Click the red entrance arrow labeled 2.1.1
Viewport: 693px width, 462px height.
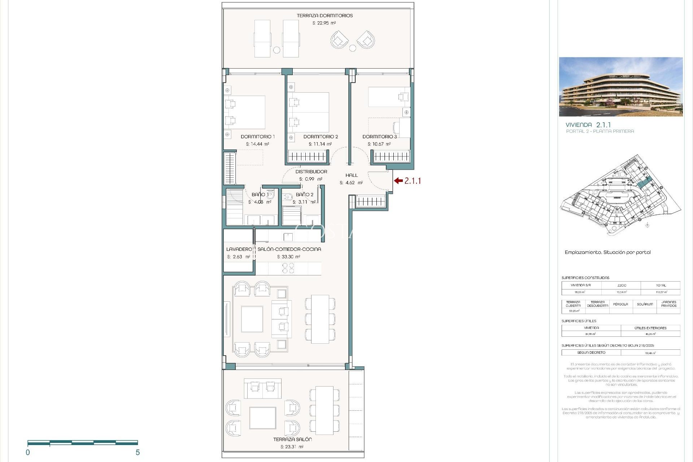(398, 181)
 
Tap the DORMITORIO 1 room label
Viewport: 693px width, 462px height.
(258, 137)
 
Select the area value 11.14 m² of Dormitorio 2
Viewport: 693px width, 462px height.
(320, 144)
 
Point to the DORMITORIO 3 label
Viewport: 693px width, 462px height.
(380, 137)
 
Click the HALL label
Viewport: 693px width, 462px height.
(352, 175)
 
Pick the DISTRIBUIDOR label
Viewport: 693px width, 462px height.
(311, 172)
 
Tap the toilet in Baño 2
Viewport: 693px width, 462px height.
(288, 197)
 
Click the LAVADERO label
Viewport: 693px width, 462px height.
(239, 249)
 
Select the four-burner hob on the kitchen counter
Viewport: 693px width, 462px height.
(288, 268)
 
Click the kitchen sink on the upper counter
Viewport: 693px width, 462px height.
(288, 237)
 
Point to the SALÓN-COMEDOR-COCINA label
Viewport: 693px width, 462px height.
(289, 249)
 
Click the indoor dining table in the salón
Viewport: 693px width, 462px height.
(320, 319)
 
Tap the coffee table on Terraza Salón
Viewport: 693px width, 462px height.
(263, 418)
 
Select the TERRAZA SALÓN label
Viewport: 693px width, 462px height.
(292, 440)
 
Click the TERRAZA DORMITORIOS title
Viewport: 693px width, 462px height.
(324, 16)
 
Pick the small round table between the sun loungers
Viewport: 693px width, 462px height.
(277, 50)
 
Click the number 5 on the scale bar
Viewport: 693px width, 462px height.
(138, 453)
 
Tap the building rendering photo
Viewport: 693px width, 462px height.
(620, 87)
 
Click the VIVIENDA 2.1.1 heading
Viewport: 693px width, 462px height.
(588, 125)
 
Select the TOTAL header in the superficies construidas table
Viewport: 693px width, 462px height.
(661, 286)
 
